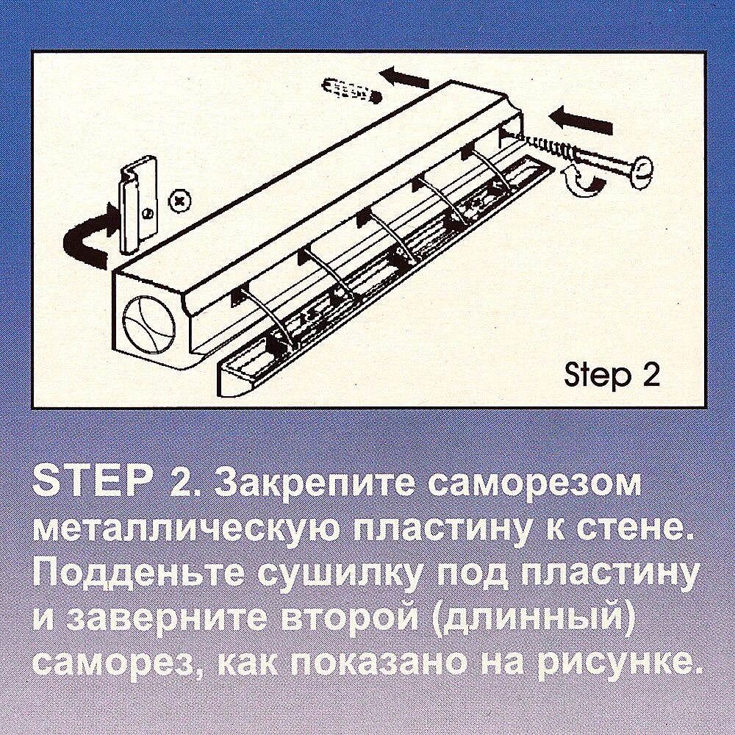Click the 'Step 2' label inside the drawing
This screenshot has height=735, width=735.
(612, 375)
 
